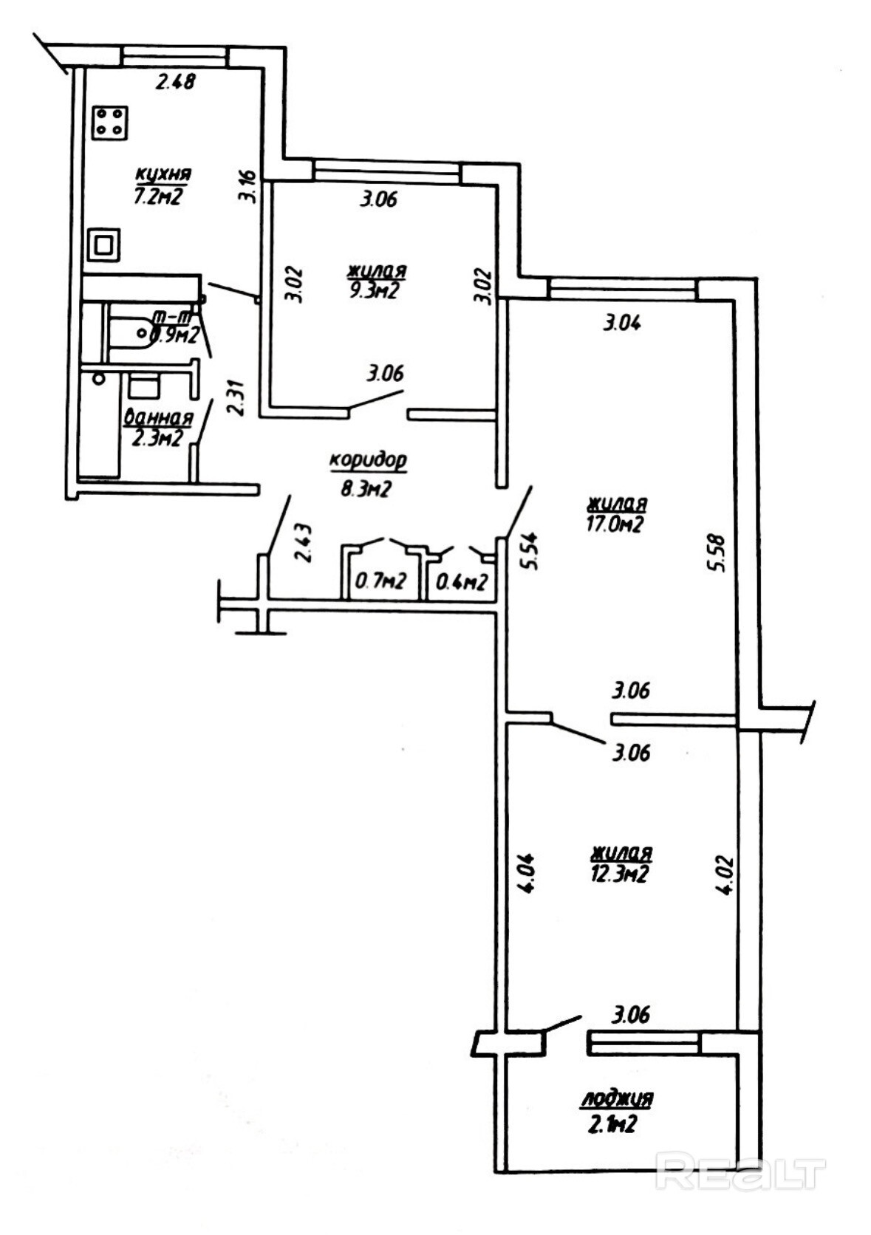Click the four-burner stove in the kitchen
coord(110,123)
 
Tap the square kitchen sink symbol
coord(103,244)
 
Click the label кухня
coord(163,174)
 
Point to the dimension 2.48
coord(175,81)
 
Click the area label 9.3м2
coord(373,290)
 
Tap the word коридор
coord(368,461)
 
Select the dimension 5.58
coord(718,552)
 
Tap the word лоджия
coord(616,1098)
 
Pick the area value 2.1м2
coord(609,1124)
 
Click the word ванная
coord(159,418)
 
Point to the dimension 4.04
coord(530,875)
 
